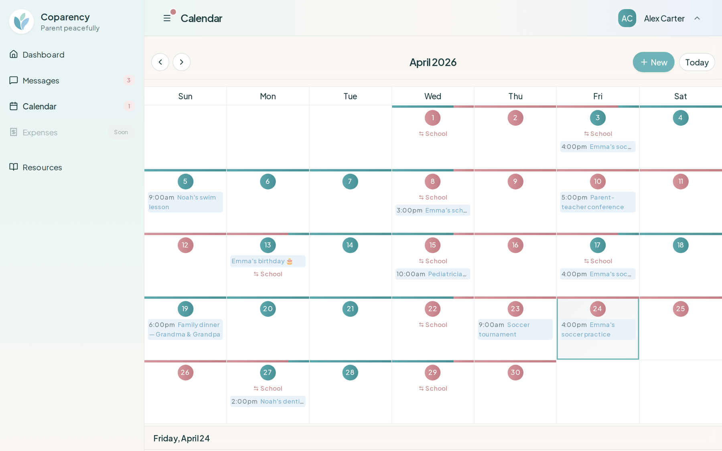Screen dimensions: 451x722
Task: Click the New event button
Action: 653,62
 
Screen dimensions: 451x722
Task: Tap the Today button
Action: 696,62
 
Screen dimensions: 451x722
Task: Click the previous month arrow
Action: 160,62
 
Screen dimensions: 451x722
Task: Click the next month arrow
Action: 182,62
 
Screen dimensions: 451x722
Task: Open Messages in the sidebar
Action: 41,81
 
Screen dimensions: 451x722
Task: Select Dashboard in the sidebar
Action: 43,55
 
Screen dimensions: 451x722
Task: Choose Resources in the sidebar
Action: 42,167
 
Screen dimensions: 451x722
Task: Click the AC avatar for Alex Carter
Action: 627,18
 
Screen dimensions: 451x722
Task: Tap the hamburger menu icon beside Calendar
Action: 167,18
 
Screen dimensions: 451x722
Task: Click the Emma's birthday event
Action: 268,261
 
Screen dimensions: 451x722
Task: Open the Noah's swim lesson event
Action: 185,202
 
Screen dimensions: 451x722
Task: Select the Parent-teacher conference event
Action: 597,202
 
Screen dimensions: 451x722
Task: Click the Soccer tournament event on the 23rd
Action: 515,330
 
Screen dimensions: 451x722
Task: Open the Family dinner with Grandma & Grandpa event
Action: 185,330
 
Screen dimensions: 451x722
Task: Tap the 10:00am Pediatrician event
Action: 432,274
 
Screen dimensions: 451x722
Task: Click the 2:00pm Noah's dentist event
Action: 268,401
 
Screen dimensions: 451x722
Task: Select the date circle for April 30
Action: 515,372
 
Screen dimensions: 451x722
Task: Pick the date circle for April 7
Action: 350,182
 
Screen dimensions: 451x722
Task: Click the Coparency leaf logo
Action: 22,22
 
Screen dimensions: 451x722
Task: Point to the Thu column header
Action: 515,96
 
